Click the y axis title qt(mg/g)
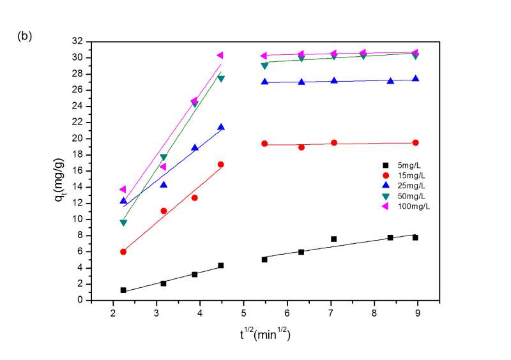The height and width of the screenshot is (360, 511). (x=61, y=170)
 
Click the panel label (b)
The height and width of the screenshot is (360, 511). (x=24, y=36)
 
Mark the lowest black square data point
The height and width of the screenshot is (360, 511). (x=123, y=290)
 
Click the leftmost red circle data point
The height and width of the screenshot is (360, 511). (x=123, y=251)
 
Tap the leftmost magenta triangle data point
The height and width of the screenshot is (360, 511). (x=123, y=189)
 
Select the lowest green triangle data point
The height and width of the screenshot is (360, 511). (x=123, y=223)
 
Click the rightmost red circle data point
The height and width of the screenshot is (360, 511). (x=415, y=142)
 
